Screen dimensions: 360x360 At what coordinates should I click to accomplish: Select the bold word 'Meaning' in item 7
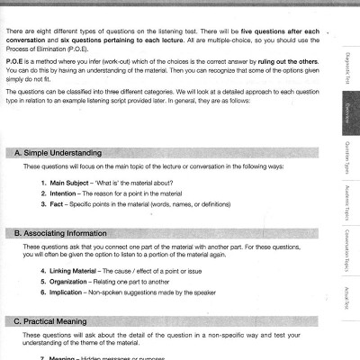[x=65, y=356]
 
